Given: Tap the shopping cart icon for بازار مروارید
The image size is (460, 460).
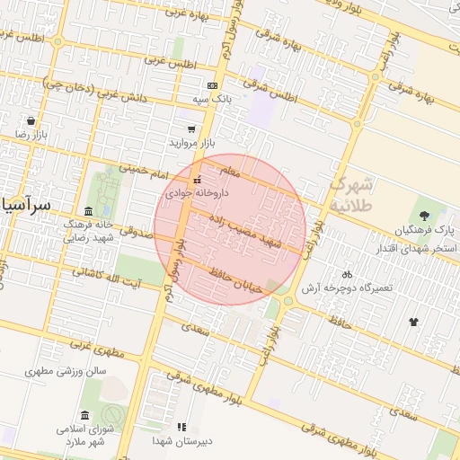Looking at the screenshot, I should coord(190,128).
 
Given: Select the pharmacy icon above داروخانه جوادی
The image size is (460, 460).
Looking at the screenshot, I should coord(197,181).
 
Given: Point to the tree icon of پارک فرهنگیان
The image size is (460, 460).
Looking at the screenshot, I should coord(423,214).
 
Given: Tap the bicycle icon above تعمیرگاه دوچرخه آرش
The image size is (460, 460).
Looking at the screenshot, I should coord(347,273).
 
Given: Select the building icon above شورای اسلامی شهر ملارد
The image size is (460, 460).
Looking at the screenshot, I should coord(84,415).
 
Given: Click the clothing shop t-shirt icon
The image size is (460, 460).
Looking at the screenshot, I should coord(413,321).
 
